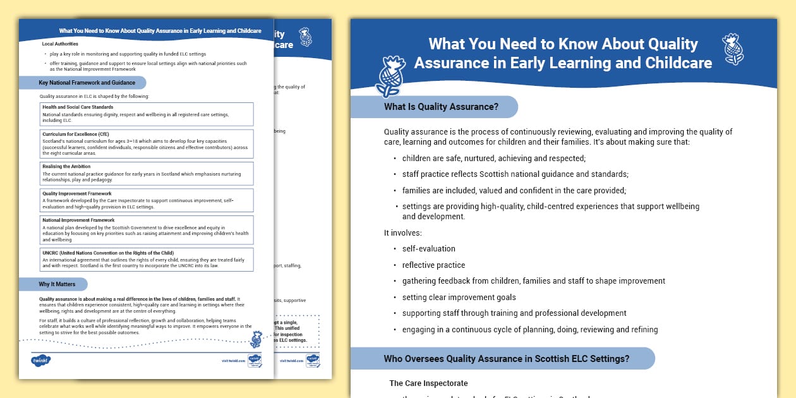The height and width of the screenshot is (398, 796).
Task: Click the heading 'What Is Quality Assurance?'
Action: [x=441, y=107]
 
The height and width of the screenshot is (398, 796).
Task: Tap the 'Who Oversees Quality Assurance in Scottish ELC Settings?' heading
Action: [x=506, y=359]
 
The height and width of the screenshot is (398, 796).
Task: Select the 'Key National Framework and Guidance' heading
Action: [x=87, y=83]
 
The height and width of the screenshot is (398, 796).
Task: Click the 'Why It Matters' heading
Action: [x=57, y=284]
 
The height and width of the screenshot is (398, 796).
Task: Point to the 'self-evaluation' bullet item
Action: [x=428, y=249]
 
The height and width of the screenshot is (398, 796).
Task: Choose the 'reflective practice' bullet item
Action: [x=433, y=265]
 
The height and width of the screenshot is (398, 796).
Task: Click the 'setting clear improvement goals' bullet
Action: [x=459, y=298]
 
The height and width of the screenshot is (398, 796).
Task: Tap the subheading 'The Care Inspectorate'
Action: [x=428, y=383]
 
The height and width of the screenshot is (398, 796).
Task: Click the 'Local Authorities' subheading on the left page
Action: [x=60, y=44]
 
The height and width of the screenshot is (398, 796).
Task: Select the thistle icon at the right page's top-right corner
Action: [x=733, y=49]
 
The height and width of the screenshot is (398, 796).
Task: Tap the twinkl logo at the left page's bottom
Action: [x=40, y=361]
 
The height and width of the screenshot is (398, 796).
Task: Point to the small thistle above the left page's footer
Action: [x=256, y=339]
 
